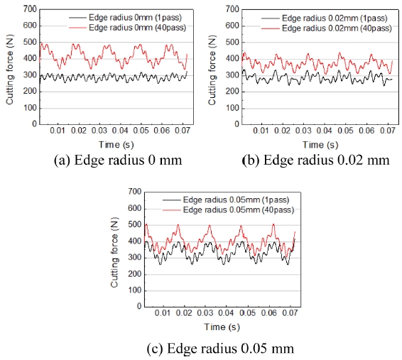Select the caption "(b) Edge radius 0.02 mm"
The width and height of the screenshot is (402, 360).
pyautogui.click(x=316, y=159)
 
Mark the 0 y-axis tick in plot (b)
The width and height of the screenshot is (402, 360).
pyautogui.click(x=231, y=124)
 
